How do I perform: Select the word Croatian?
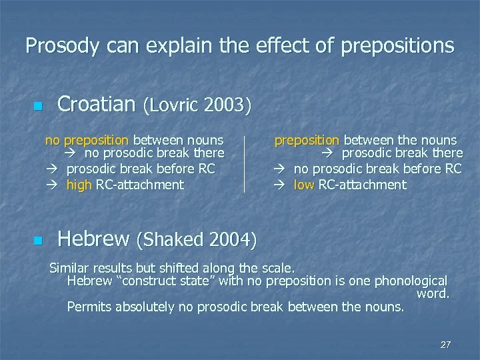coord(96,104)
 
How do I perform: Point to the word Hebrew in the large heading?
coord(93,238)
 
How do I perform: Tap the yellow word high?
coord(79,185)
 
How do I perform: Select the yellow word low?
coord(304,185)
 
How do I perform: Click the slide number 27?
coord(445,345)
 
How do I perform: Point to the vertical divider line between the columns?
coord(245,164)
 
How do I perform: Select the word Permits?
coord(89,307)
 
